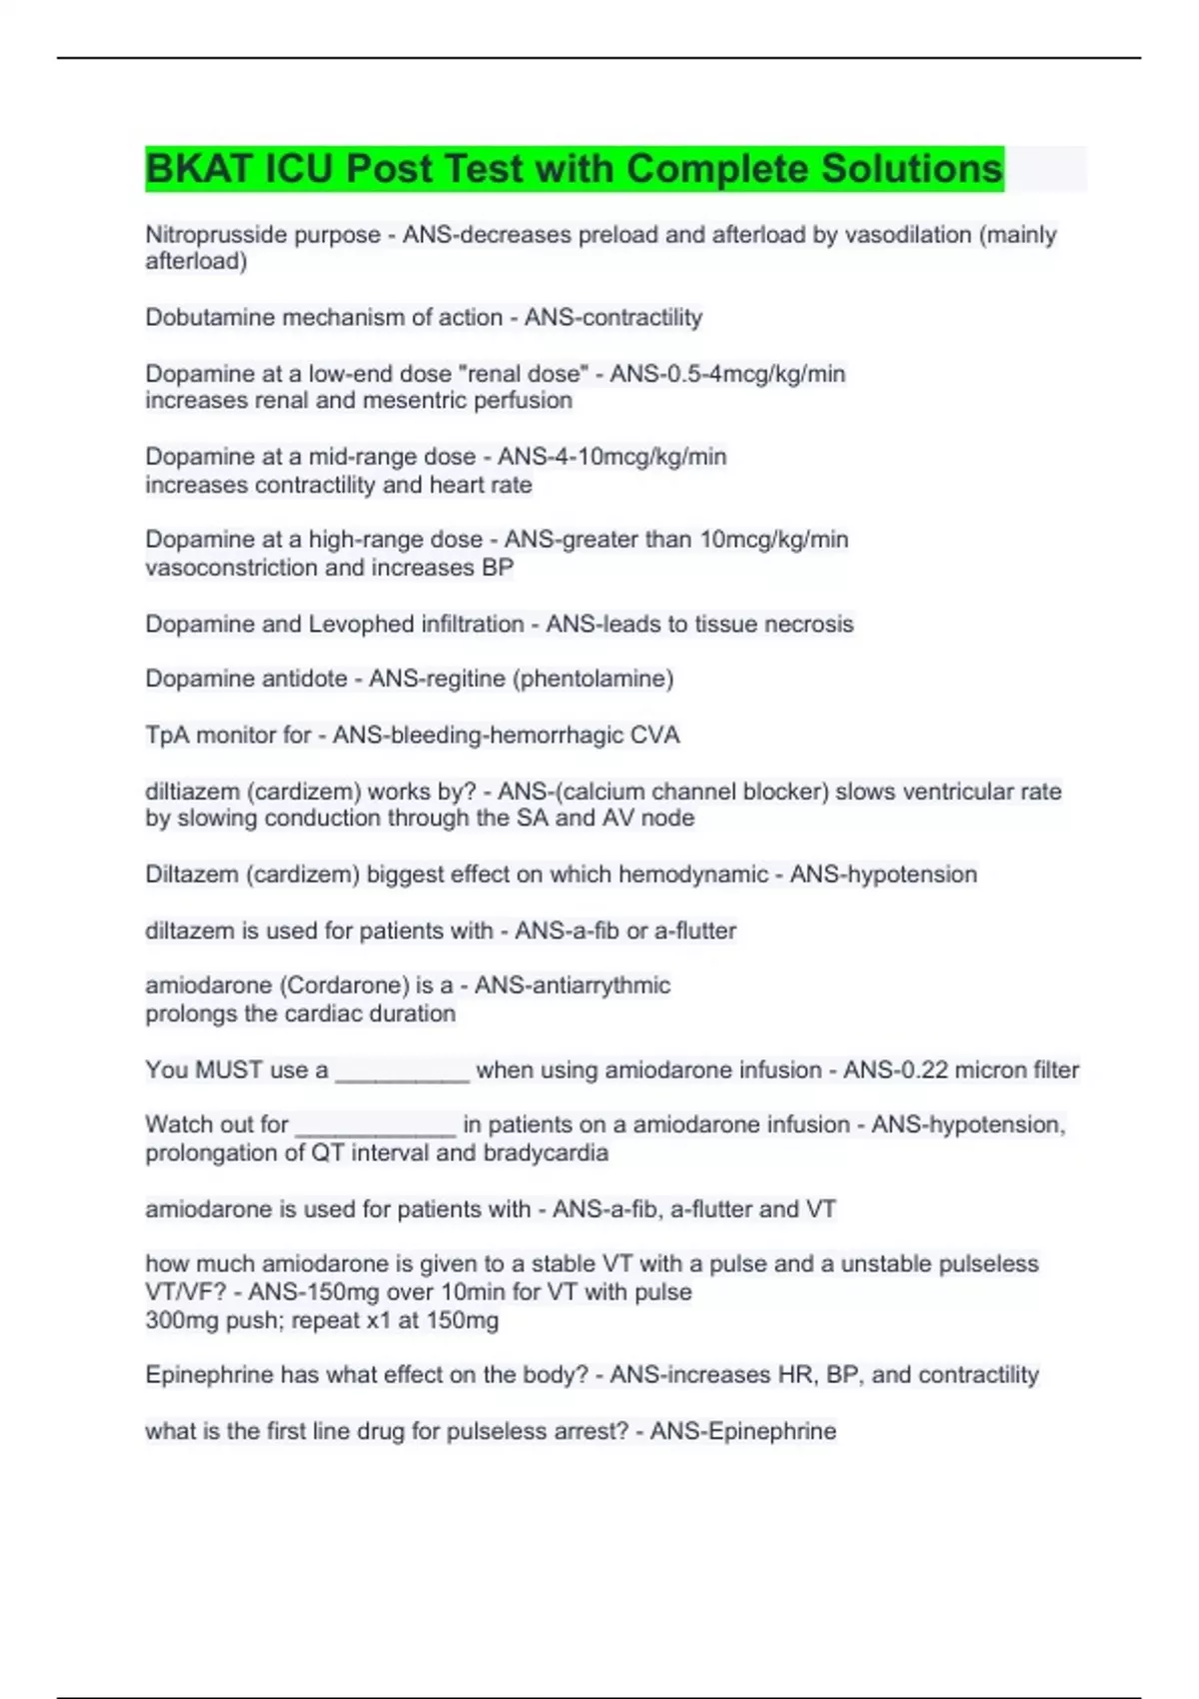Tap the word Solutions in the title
pos(910,169)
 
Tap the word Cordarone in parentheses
pos(345,985)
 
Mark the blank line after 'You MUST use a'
pos(402,1072)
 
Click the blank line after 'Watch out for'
pos(376,1127)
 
